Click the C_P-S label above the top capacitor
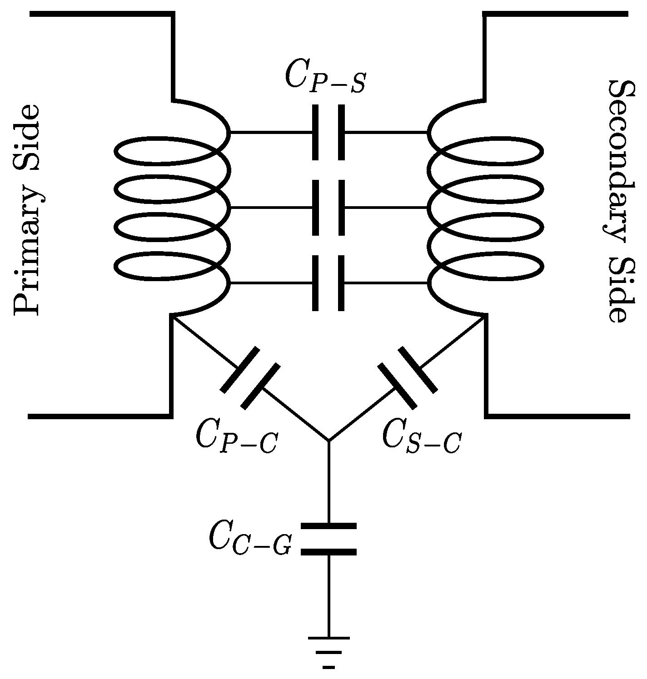coord(324,76)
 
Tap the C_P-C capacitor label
coord(236,437)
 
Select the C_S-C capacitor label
coord(422,437)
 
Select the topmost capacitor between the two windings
coord(328,133)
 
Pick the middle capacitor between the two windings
coord(328,208)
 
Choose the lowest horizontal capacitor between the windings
coord(328,283)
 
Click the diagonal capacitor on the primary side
coord(250,378)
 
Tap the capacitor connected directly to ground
coord(328,539)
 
